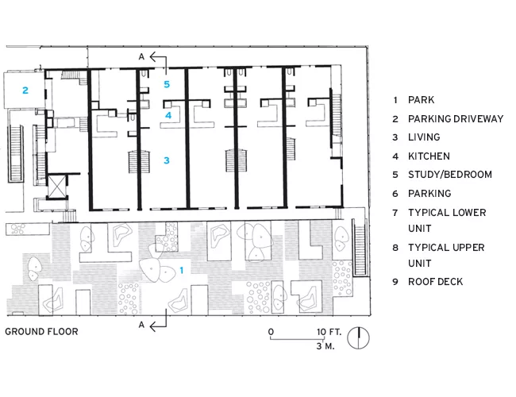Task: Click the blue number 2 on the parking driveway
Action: pos(25,91)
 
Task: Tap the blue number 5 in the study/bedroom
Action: pos(167,84)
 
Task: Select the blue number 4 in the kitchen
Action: pos(168,115)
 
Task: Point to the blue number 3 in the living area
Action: pos(167,160)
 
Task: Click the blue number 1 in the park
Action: pos(181,270)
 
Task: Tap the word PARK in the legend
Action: pos(421,100)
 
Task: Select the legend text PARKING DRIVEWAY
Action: pos(456,119)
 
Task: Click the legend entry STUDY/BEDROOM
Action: pos(450,175)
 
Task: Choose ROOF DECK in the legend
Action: pos(435,282)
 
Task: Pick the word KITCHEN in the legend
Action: pos(429,156)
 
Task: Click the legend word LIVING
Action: pos(424,137)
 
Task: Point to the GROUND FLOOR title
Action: pos(41,331)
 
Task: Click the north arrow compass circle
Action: pos(358,338)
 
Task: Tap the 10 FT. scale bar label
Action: pos(329,332)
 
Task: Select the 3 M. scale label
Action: pos(325,346)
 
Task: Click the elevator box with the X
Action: pos(57,187)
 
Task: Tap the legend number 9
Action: pos(395,282)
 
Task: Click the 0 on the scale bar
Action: pos(271,332)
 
